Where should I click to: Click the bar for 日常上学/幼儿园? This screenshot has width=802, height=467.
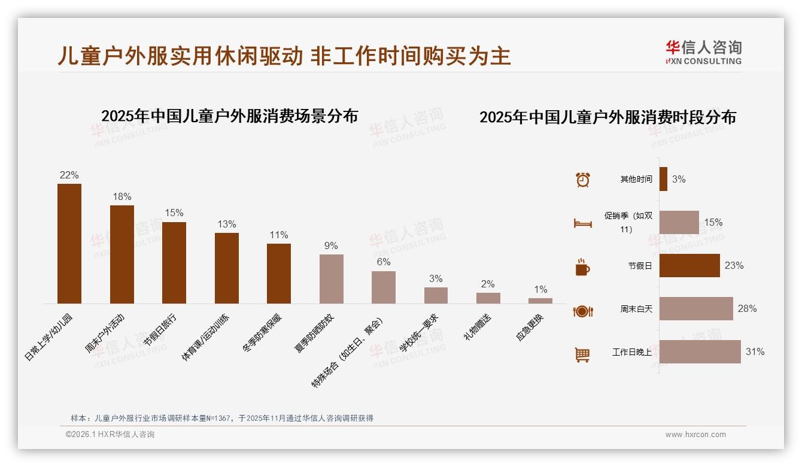coord(69,244)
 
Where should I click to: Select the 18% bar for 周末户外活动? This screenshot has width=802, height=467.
coord(122,254)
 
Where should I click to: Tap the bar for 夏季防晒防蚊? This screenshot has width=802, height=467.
coord(332,279)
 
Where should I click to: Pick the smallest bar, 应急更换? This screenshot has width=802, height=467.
coord(540,301)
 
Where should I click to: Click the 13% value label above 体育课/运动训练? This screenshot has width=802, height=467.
coord(227,225)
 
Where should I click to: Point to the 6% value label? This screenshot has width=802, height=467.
coord(384,262)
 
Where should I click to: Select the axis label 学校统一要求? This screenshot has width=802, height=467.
coord(419,333)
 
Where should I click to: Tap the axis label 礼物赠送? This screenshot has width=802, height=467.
coord(477,327)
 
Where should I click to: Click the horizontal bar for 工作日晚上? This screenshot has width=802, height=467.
coord(700,352)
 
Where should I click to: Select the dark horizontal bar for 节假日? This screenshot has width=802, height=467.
coord(689,265)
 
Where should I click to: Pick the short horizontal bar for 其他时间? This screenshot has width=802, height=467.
coord(663,179)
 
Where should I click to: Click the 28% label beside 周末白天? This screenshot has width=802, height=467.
coord(747,309)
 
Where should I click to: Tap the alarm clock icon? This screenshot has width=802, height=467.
coord(582,180)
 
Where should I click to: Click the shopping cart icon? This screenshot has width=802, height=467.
coord(582,354)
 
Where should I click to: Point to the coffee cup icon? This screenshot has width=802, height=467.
coord(582,267)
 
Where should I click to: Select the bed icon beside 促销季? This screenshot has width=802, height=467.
coord(582,223)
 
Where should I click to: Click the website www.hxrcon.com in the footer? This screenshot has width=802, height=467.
coord(695,435)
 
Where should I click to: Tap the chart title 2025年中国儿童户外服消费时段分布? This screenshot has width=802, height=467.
coord(607,117)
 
